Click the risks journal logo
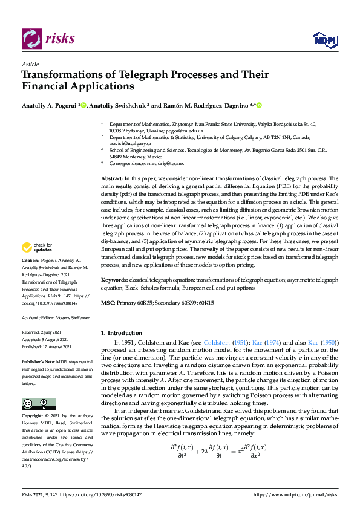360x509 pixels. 48,39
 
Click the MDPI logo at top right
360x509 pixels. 324,40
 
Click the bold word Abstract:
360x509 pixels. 111,179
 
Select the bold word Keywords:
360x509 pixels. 114,280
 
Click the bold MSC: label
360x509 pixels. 108,302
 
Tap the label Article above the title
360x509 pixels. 30,65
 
